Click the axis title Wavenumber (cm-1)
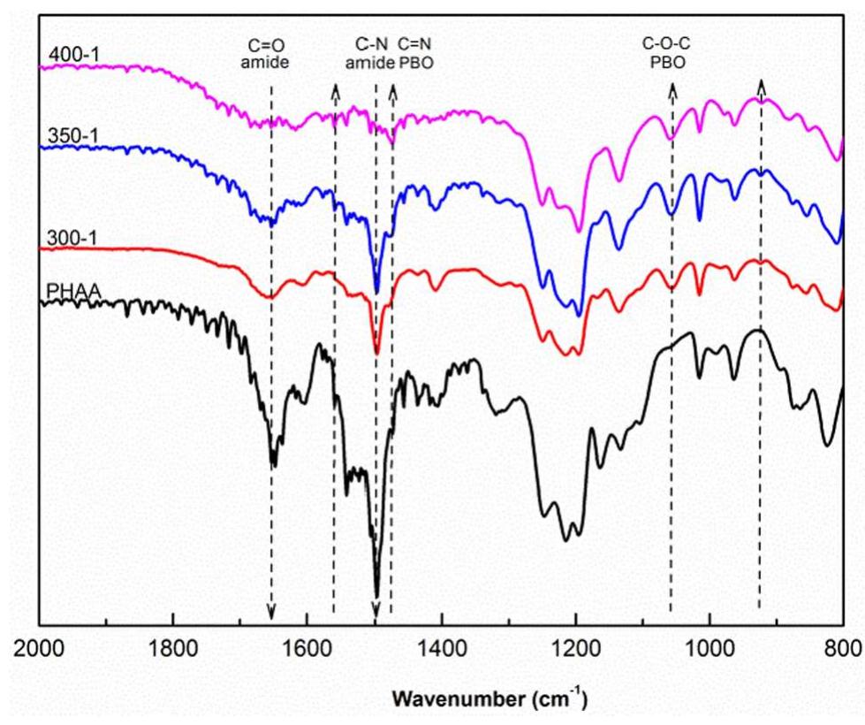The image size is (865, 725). click(488, 699)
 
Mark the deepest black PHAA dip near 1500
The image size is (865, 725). click(376, 594)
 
